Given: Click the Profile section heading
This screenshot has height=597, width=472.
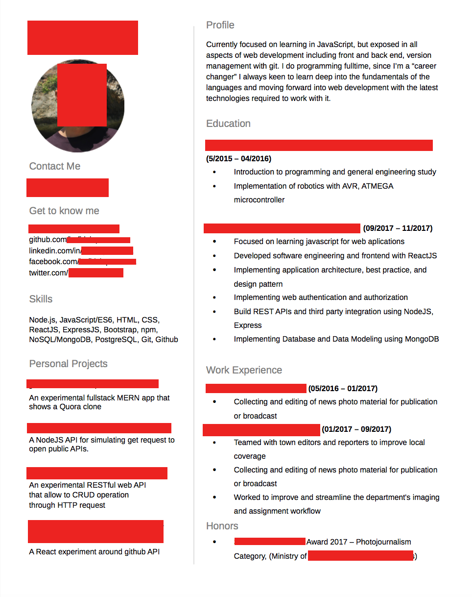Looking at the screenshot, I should [220, 25].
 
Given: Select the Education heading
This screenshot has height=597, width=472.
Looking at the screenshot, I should [228, 124].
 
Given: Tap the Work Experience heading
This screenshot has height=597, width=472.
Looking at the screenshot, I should [244, 370].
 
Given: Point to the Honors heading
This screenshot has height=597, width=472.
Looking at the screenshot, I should [222, 526].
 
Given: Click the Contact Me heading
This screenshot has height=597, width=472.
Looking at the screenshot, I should [54, 166].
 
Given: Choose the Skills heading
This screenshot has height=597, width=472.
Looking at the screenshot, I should [41, 299].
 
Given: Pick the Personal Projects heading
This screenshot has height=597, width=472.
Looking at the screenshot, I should [68, 364].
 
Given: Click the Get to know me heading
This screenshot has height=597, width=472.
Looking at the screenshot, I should [64, 211].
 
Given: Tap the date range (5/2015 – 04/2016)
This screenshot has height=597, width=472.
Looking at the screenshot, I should [238, 158].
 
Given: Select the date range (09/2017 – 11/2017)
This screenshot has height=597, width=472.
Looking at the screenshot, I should [398, 228].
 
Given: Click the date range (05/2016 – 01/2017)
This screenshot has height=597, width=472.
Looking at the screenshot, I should [343, 388].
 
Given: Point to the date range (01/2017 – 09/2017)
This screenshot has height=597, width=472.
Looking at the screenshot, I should [356, 429].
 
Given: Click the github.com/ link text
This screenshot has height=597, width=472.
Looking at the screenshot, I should [47, 240].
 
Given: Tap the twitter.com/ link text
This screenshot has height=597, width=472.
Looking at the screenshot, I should [48, 273].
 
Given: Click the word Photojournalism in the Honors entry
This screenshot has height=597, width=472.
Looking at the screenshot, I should [383, 542].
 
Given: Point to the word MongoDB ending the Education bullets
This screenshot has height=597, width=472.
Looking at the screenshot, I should [422, 339].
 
